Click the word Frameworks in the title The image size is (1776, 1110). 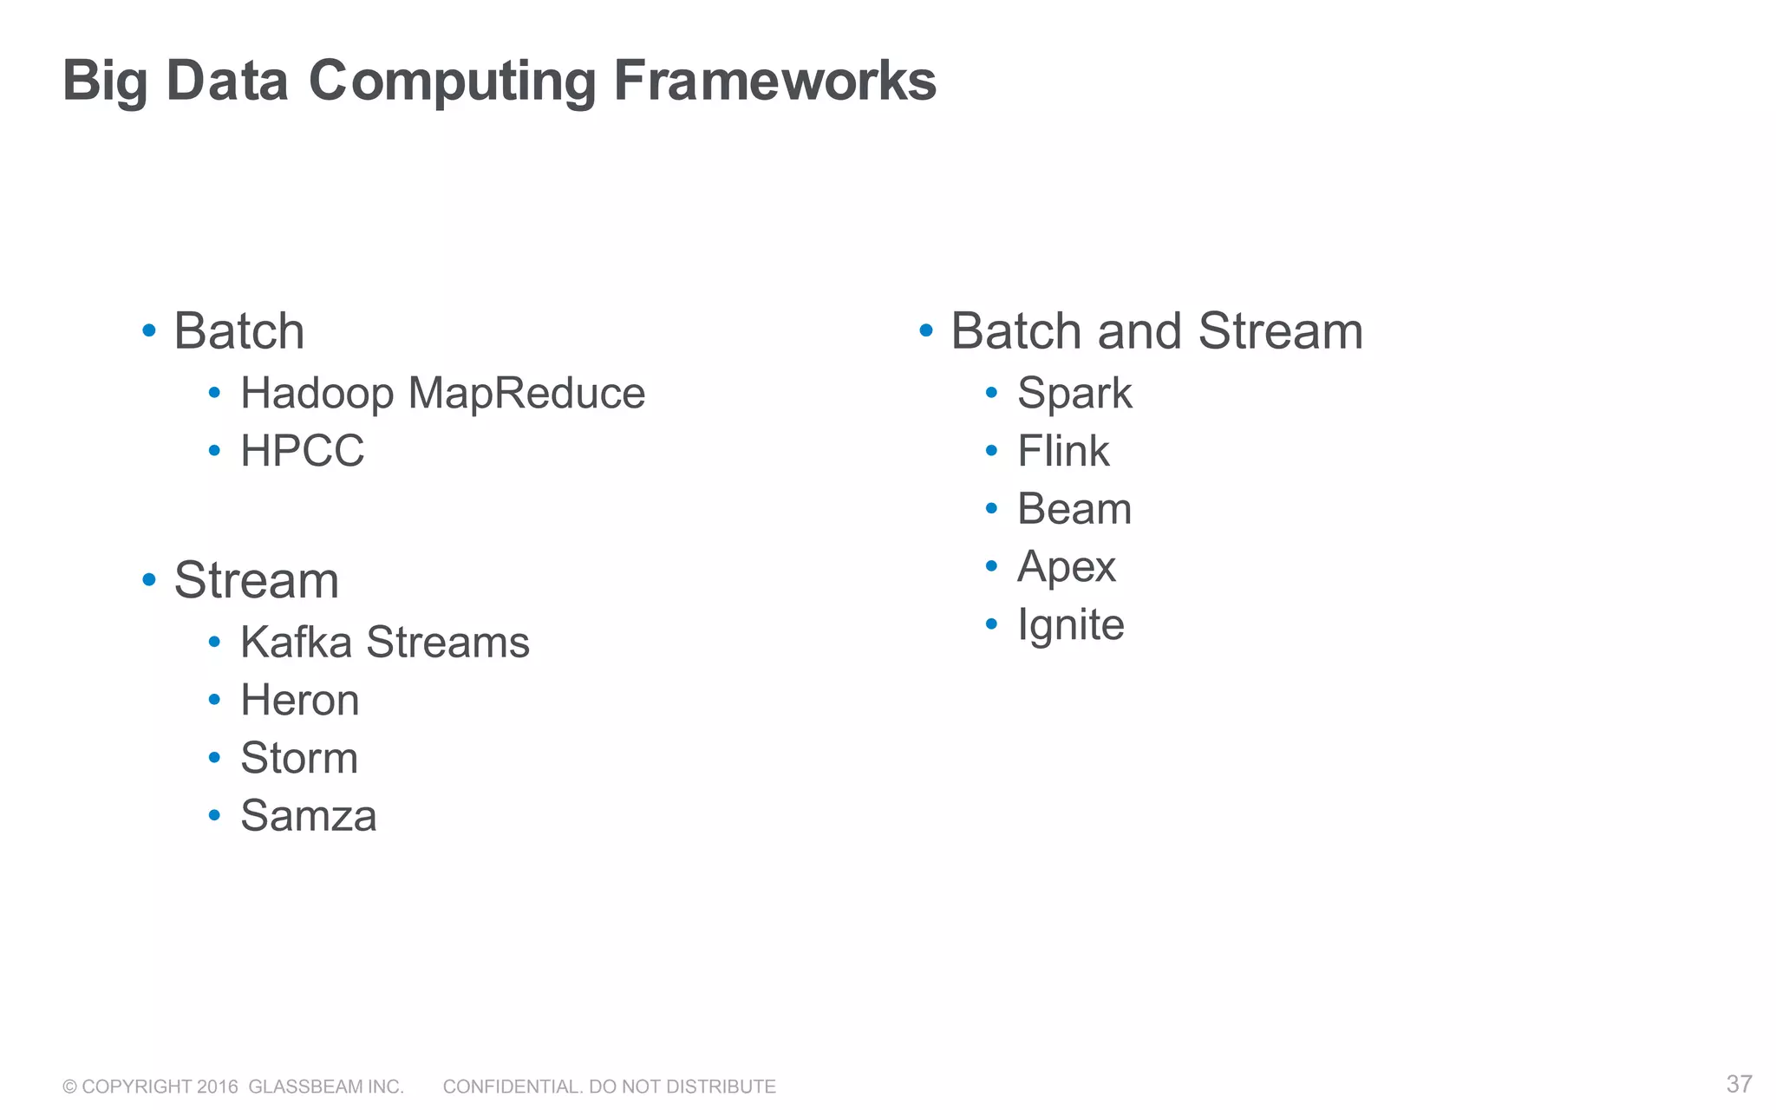(x=774, y=81)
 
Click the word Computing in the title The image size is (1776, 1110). (x=452, y=81)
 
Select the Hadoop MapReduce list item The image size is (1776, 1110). (x=442, y=393)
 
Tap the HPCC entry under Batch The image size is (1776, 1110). (x=302, y=451)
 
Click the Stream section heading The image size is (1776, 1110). (x=256, y=580)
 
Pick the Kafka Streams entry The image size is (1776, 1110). (x=384, y=643)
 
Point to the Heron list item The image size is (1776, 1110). (x=299, y=700)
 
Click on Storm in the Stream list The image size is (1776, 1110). (x=298, y=758)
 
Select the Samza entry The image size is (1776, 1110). (x=308, y=816)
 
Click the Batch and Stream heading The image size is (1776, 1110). (x=1156, y=331)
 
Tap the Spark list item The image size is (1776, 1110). (x=1074, y=393)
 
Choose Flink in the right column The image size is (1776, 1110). (x=1062, y=451)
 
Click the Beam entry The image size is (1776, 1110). (x=1074, y=508)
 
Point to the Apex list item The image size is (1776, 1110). (x=1066, y=567)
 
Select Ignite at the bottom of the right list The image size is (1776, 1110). (x=1070, y=624)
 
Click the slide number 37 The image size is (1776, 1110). (x=1739, y=1084)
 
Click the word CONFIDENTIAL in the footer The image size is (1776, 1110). (x=512, y=1087)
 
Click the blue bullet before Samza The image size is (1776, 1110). (x=214, y=816)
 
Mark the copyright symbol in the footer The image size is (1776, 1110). (x=69, y=1087)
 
